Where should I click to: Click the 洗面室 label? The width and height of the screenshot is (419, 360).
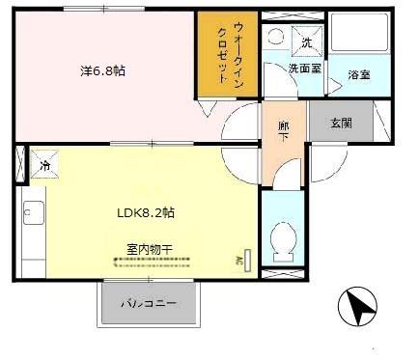click(x=304, y=69)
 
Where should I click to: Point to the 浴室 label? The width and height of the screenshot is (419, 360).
click(x=358, y=74)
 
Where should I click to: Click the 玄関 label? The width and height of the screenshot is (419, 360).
click(x=341, y=123)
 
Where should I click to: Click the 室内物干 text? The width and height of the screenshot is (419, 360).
click(x=149, y=249)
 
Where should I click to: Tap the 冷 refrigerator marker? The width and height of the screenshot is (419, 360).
click(x=44, y=165)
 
